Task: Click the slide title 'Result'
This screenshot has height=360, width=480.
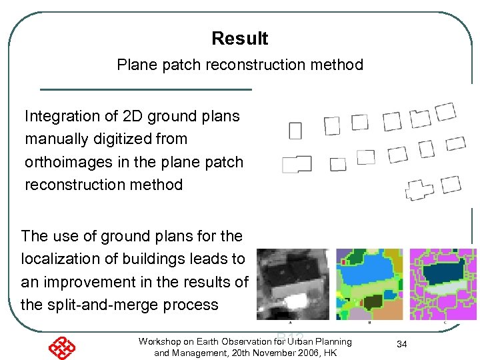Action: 239,39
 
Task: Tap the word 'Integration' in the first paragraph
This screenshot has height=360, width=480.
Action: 61,116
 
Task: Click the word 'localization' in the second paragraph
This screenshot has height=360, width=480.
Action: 59,259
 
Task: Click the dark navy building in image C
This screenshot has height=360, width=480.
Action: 443,274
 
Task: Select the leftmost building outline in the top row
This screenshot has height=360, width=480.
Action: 295,130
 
